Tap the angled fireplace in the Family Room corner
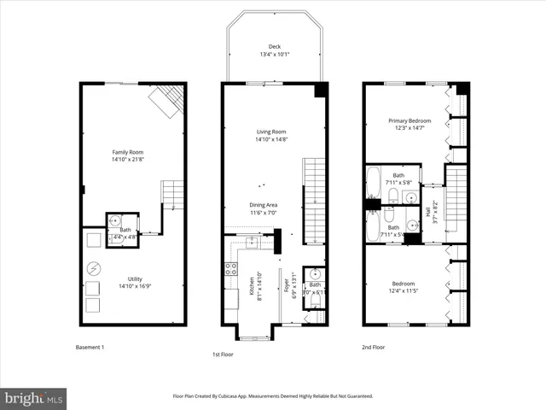coord(166,102)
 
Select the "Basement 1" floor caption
coord(90,348)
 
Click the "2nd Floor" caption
coord(375,348)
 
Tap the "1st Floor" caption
coord(224,354)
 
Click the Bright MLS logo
coord(34,397)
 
